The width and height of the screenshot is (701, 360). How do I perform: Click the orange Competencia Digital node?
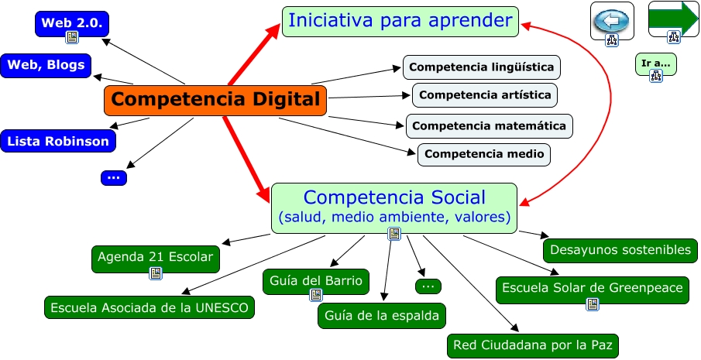[x=215, y=100]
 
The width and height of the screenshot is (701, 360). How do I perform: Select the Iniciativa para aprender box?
[x=400, y=21]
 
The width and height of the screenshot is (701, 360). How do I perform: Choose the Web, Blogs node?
[x=46, y=65]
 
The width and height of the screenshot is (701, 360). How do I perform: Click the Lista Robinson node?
[x=58, y=141]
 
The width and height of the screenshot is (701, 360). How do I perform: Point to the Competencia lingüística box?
[x=481, y=67]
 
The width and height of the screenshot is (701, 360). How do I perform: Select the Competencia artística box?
[x=485, y=95]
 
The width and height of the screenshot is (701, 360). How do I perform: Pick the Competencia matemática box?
[x=489, y=125]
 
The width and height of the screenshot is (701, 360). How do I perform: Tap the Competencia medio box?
[x=484, y=154]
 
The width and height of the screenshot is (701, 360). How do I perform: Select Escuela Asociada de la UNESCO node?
[x=149, y=307]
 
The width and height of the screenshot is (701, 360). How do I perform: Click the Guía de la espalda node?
[x=382, y=315]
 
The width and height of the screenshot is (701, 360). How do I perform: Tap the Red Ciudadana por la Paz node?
[x=533, y=345]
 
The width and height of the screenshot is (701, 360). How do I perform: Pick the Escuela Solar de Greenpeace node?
[x=593, y=288]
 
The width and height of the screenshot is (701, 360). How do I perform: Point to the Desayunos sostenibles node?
[x=620, y=250]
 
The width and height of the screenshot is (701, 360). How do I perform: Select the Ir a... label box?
[x=655, y=62]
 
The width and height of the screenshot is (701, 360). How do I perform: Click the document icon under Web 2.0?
[x=72, y=36]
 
